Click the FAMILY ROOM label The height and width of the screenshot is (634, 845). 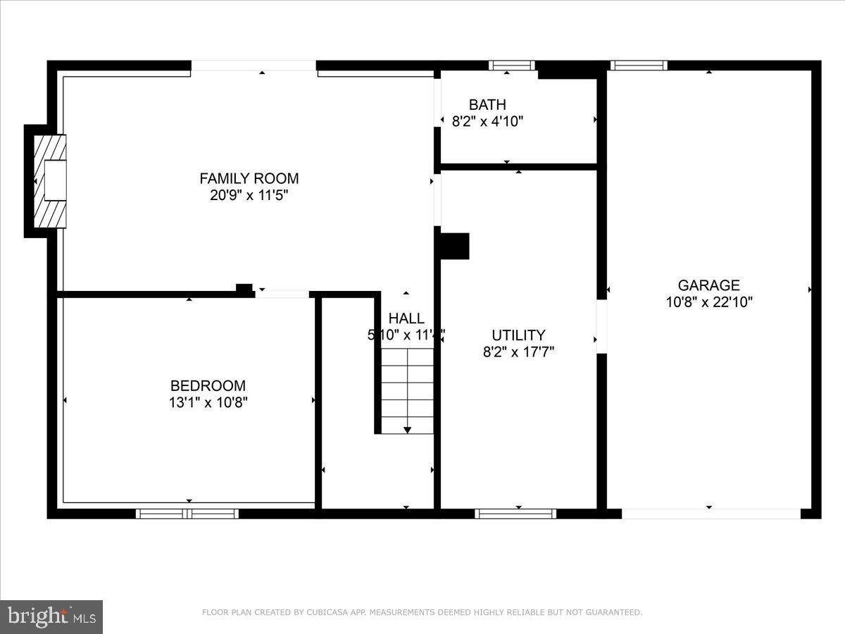(249, 178)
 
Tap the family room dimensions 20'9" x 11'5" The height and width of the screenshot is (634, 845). (249, 195)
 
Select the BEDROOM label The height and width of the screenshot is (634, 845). (208, 385)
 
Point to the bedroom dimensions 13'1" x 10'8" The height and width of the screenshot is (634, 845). (208, 403)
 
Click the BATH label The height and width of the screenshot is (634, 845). (487, 105)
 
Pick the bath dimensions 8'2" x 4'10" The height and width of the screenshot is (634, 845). (487, 121)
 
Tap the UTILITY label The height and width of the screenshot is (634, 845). (518, 335)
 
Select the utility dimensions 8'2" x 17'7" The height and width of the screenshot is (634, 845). (518, 352)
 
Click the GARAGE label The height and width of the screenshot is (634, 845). (708, 285)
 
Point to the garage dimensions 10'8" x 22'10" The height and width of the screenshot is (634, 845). (708, 302)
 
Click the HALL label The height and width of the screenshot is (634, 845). (406, 318)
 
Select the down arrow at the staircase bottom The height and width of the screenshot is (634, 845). (407, 429)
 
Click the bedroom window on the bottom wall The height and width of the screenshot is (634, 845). (187, 514)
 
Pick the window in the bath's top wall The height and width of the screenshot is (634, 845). (512, 66)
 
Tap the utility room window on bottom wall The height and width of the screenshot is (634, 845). (515, 514)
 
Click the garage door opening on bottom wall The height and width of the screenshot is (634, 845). (711, 514)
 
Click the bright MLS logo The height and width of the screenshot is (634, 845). (51, 617)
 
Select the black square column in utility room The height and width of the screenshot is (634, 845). (454, 246)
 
